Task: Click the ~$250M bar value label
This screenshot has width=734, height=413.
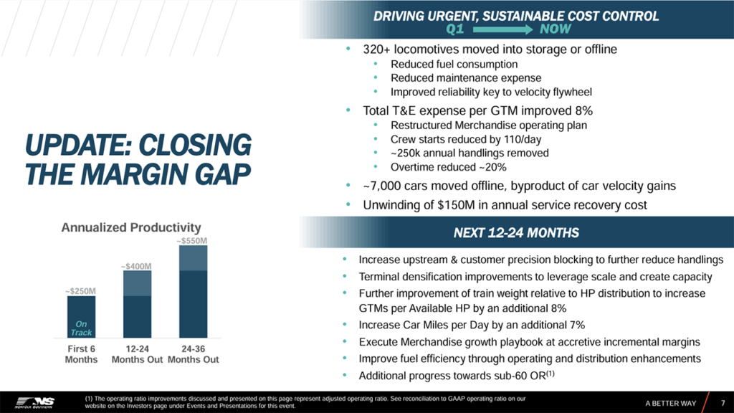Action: [x=80, y=291]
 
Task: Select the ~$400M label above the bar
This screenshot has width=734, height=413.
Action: [x=136, y=266]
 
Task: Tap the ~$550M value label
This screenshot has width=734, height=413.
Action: [x=192, y=242]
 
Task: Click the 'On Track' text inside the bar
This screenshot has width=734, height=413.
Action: [x=81, y=328]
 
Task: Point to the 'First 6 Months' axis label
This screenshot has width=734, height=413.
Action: [x=81, y=354]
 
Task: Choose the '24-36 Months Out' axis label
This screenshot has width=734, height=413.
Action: [x=193, y=354]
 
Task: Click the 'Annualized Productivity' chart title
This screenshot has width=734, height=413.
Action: [x=130, y=228]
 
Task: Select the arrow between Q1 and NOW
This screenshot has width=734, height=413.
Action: [x=500, y=29]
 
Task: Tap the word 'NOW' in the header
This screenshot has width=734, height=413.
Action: [x=556, y=29]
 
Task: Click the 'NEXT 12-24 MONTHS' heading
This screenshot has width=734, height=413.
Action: [x=516, y=233]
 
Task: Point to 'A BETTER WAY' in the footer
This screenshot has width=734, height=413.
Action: [x=670, y=403]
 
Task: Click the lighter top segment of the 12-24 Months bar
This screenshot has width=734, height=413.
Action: [x=136, y=284]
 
